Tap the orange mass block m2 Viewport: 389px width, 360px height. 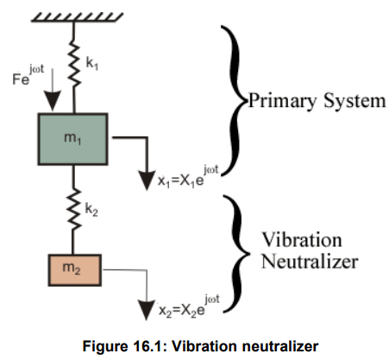click(73, 270)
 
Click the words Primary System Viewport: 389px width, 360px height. click(316, 101)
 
